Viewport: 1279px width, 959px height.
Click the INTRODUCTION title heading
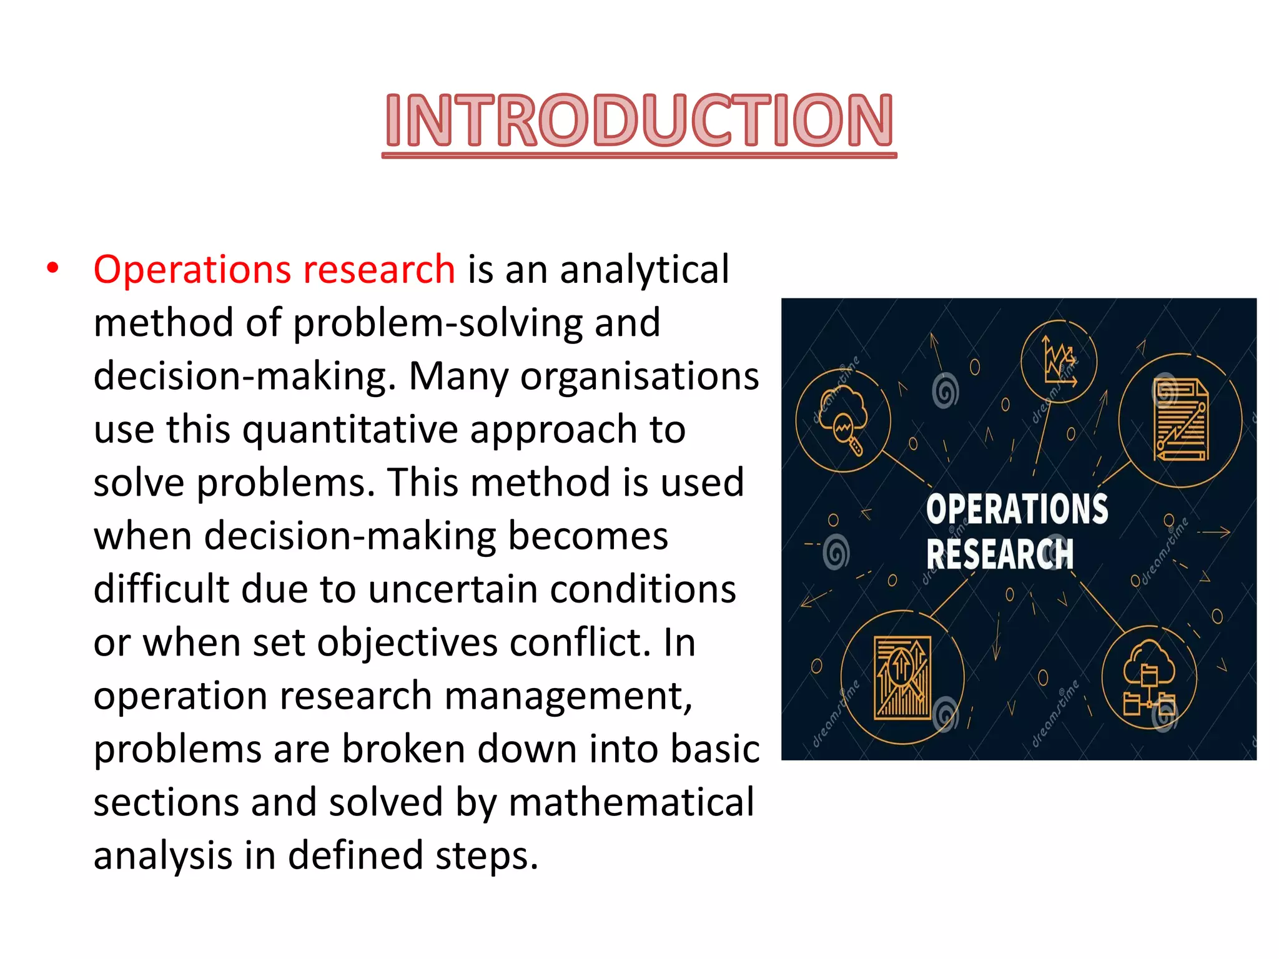(x=639, y=120)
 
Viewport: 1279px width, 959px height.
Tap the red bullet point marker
(x=53, y=268)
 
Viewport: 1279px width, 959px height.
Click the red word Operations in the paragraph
(x=191, y=270)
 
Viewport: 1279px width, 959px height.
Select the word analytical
(x=644, y=270)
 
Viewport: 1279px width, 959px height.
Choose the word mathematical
(x=631, y=802)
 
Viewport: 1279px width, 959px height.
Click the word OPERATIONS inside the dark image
(x=1017, y=509)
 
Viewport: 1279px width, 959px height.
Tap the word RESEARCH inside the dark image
(x=999, y=554)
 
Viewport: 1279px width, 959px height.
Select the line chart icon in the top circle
(x=1059, y=360)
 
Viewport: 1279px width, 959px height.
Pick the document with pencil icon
(x=1180, y=420)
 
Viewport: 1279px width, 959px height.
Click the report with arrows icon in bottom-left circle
(x=902, y=678)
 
